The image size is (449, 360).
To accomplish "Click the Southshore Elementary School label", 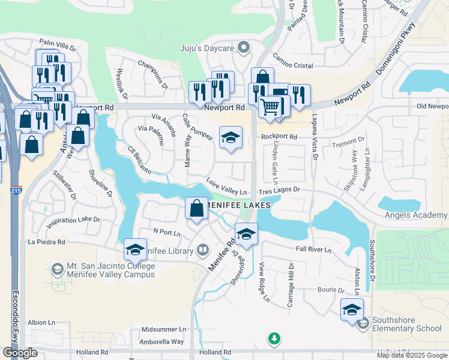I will click(x=407, y=324).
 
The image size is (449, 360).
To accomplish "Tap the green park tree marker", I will click(x=274, y=339).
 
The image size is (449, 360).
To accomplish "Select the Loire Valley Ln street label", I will click(x=227, y=190).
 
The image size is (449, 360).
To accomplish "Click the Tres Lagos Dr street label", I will click(x=279, y=190).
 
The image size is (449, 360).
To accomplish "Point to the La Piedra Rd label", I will click(x=46, y=242).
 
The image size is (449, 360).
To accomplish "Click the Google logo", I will click(x=20, y=353).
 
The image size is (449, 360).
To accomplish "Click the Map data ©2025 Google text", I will click(x=412, y=355).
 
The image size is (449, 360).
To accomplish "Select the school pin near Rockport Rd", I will click(x=231, y=137).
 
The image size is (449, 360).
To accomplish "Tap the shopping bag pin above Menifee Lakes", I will click(x=197, y=209).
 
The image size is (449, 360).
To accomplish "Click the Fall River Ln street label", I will click(x=313, y=249).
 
